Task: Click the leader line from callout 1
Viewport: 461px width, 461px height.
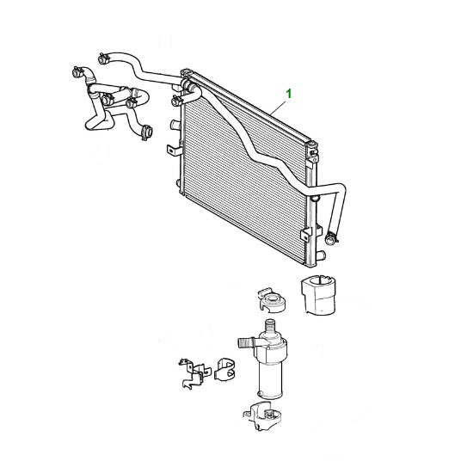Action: pos(277,108)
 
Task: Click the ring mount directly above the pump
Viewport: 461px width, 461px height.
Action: pos(272,300)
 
